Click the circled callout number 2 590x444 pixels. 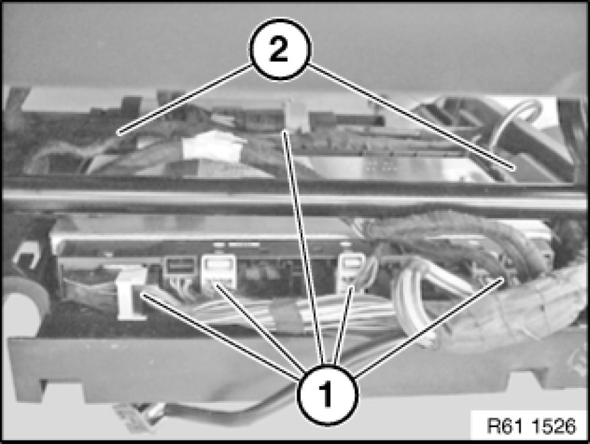point(280,49)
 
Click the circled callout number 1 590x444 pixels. point(327,395)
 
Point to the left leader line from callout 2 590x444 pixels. point(185,99)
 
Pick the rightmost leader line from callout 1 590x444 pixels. point(430,327)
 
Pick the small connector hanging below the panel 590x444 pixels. point(130,417)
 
